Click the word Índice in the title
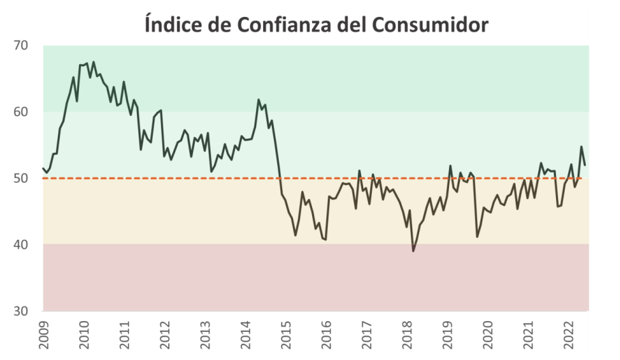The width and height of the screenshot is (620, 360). pos(172,25)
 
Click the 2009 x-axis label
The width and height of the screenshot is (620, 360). pos(44,335)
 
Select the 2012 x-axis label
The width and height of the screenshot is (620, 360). pos(164,335)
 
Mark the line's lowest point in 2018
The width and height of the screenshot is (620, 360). pos(413,251)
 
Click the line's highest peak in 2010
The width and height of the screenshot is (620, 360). pos(93,62)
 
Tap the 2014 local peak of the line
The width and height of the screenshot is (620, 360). pos(258,100)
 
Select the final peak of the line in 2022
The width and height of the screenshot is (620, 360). pos(581,147)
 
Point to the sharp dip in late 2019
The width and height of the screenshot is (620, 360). pos(477,237)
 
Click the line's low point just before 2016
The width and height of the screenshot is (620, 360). pos(326,239)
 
